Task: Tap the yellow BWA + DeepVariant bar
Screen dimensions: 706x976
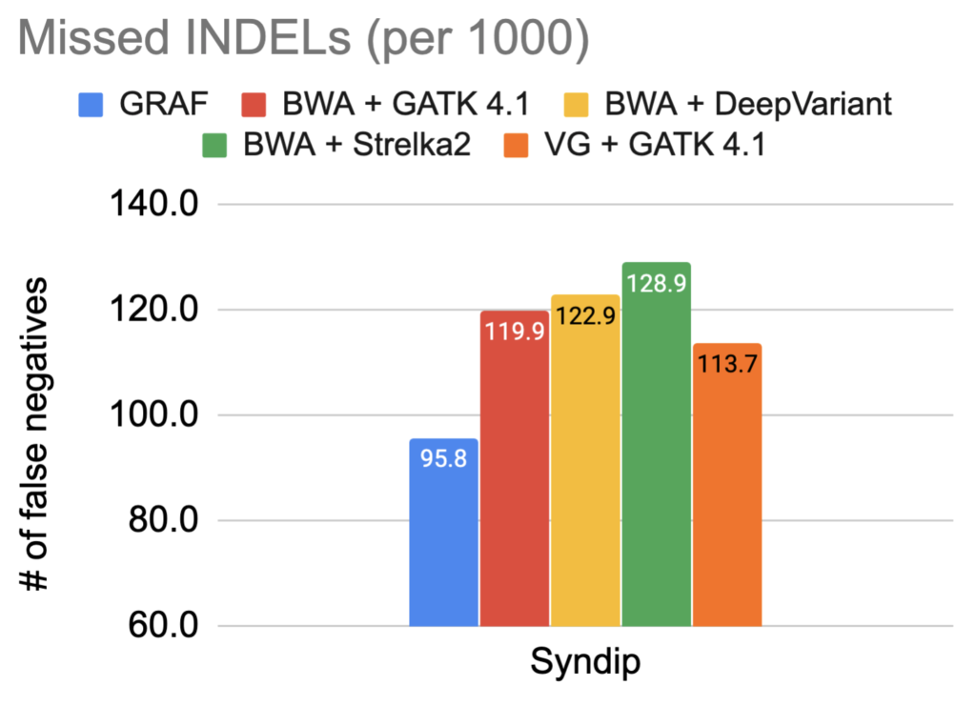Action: pyautogui.click(x=585, y=476)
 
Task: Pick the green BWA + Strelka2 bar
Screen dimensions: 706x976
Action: pyautogui.click(x=656, y=457)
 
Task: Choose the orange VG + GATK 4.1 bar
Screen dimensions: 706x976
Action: pyautogui.click(x=727, y=495)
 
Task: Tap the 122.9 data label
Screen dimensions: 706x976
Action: pyautogui.click(x=585, y=314)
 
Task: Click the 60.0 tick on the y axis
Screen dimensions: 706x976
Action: pyautogui.click(x=152, y=627)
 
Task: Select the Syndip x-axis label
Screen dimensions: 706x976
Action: pyautogui.click(x=585, y=664)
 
